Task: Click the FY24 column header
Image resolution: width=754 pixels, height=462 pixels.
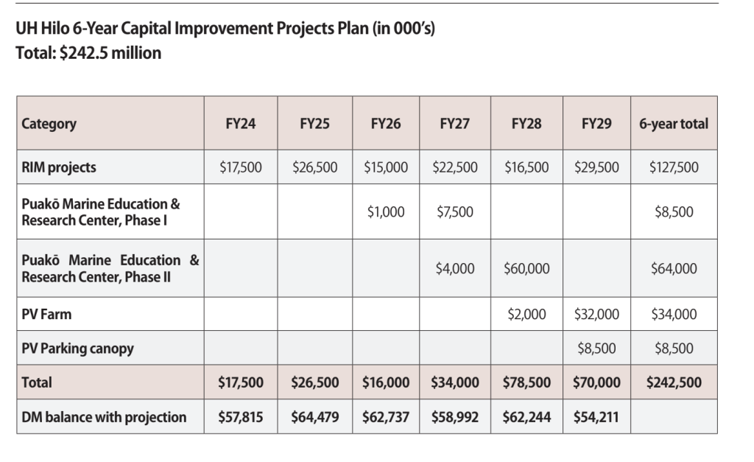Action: click(241, 124)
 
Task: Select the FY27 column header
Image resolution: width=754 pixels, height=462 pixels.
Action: click(454, 124)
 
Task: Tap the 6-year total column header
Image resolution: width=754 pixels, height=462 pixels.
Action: click(674, 124)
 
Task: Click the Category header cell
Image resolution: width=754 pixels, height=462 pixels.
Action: click(49, 124)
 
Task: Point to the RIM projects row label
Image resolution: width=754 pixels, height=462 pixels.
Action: click(59, 167)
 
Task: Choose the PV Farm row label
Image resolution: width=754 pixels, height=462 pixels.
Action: click(46, 315)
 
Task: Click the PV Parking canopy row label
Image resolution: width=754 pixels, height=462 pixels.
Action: click(77, 348)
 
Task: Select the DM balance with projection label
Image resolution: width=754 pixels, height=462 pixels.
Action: click(104, 417)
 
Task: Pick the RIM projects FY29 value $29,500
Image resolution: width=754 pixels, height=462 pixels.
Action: click(596, 167)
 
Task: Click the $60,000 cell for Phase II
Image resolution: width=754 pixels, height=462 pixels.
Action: click(526, 268)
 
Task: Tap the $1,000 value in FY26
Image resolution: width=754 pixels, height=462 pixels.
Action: click(386, 211)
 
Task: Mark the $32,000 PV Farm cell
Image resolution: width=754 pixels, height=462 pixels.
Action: click(596, 315)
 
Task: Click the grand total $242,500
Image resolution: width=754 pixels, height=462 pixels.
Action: click(674, 382)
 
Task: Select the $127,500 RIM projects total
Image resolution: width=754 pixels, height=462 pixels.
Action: click(674, 167)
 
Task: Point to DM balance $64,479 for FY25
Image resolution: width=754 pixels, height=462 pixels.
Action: click(314, 417)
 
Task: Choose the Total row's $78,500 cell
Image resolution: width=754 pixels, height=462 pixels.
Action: click(526, 382)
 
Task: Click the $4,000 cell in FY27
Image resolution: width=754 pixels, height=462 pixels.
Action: click(454, 268)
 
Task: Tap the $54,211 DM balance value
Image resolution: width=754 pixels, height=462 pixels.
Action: click(596, 417)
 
